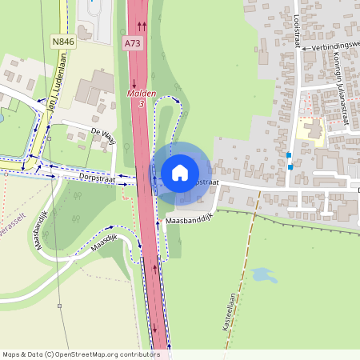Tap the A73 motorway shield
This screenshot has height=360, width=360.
pyautogui.click(x=133, y=40)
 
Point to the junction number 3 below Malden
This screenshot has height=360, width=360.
pyautogui.click(x=142, y=104)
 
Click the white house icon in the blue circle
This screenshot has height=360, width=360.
pyautogui.click(x=180, y=172)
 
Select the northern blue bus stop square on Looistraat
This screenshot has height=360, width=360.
pyautogui.click(x=289, y=155)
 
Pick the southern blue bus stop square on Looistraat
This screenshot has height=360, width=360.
pyautogui.click(x=290, y=166)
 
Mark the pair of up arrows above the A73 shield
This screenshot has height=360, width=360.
pyautogui.click(x=142, y=26)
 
